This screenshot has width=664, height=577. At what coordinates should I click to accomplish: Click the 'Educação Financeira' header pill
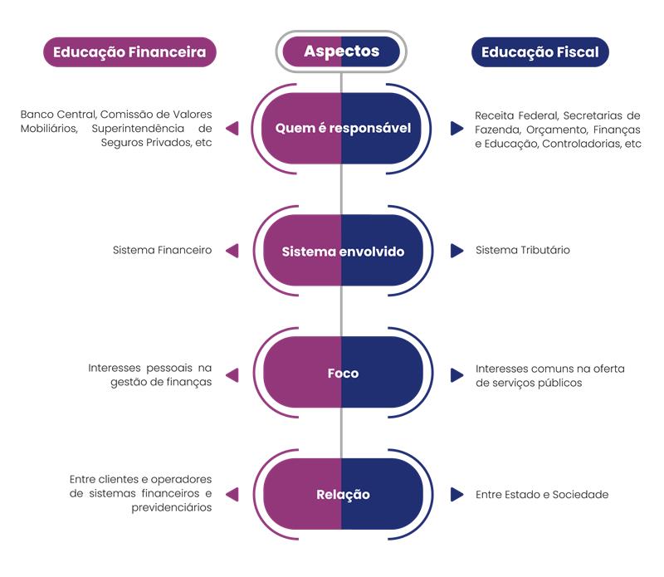pyautogui.click(x=129, y=52)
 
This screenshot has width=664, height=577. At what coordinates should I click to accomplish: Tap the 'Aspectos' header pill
pyautogui.click(x=341, y=51)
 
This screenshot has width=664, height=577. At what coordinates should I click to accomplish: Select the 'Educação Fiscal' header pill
pyautogui.click(x=539, y=52)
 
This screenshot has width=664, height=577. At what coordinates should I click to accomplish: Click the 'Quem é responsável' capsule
pyautogui.click(x=342, y=129)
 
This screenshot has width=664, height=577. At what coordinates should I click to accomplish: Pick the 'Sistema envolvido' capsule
pyautogui.click(x=342, y=251)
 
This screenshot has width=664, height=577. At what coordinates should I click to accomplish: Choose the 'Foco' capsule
pyautogui.click(x=342, y=373)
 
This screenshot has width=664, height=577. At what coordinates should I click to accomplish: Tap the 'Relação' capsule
pyautogui.click(x=342, y=495)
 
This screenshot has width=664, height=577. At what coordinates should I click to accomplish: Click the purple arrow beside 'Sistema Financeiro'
pyautogui.click(x=232, y=250)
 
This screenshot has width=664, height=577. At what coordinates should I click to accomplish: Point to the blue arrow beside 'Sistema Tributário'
pyautogui.click(x=456, y=250)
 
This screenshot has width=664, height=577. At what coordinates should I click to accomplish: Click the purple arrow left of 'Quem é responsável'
pyautogui.click(x=232, y=129)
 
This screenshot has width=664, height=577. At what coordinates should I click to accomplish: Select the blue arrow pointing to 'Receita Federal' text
pyautogui.click(x=456, y=129)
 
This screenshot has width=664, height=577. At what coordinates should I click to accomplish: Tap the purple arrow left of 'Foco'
pyautogui.click(x=232, y=375)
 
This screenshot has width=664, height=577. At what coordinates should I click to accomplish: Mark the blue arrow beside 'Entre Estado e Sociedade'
pyautogui.click(x=456, y=495)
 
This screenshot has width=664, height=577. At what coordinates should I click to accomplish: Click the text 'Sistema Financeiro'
pyautogui.click(x=162, y=250)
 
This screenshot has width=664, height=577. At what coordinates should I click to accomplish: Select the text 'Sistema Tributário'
pyautogui.click(x=523, y=250)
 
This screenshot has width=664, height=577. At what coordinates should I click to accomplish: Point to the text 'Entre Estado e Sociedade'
pyautogui.click(x=542, y=495)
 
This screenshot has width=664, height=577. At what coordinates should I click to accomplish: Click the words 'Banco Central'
pyautogui.click(x=56, y=115)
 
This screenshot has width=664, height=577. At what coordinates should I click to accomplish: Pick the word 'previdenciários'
pyautogui.click(x=172, y=508)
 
